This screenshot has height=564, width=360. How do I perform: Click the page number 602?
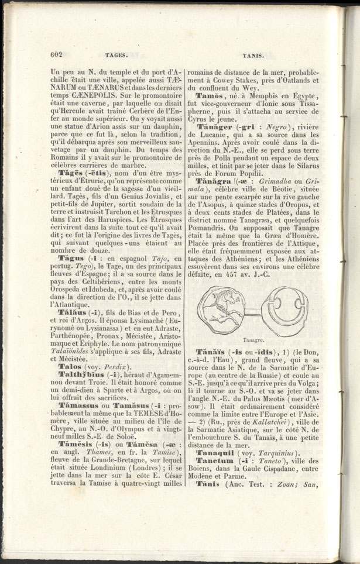coord(56,55)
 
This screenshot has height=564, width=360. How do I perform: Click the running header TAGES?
coord(112,55)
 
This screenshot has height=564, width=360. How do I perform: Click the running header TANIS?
coord(251,55)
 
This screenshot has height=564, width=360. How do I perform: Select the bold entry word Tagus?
coord(70,258)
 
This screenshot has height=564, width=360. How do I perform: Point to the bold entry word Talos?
coord(70,379)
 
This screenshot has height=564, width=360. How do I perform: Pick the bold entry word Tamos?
coord(208,95)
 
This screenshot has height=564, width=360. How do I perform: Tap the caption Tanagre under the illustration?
coord(251,339)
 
